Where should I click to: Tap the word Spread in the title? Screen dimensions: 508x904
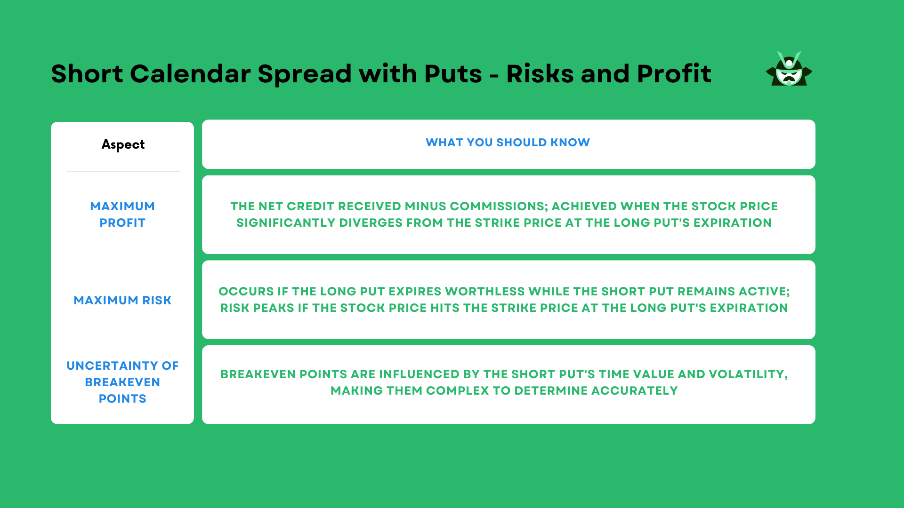click(305, 74)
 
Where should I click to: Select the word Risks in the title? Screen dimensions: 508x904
click(540, 74)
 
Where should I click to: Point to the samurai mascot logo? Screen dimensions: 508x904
click(789, 69)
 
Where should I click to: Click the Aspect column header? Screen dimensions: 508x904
click(123, 144)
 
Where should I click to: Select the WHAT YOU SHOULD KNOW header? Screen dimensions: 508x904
click(508, 143)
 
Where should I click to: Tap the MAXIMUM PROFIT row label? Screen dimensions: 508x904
click(122, 214)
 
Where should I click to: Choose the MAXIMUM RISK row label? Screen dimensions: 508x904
click(122, 300)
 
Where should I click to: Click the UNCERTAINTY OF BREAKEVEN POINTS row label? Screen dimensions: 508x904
click(122, 382)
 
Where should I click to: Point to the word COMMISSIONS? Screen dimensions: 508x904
click(499, 206)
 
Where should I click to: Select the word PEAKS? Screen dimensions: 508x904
click(273, 308)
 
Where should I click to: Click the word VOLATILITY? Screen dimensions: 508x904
click(748, 374)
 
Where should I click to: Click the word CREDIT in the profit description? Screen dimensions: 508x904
click(310, 206)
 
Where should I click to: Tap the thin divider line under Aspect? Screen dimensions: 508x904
click(123, 172)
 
